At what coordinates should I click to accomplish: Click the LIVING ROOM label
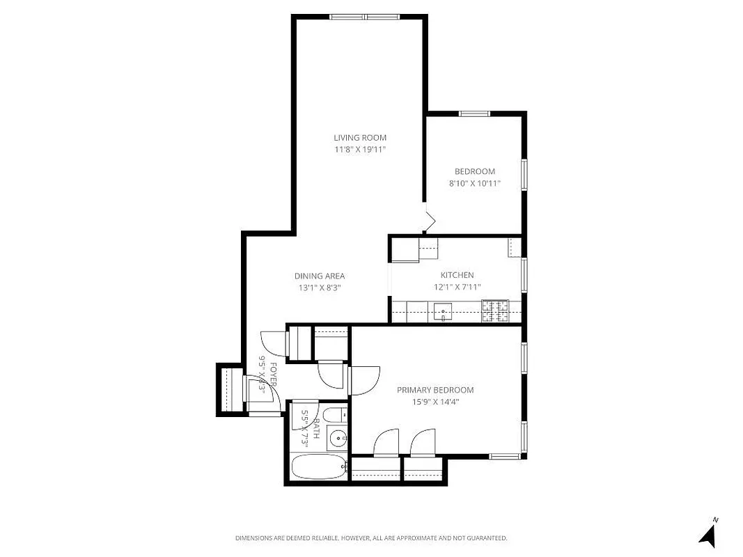(359, 138)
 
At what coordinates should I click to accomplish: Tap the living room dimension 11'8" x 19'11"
(359, 150)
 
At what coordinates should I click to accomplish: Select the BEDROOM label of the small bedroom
(474, 172)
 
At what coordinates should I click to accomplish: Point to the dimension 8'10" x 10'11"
(474, 184)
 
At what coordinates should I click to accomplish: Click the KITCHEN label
(457, 276)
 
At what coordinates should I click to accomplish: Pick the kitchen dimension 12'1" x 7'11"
(457, 287)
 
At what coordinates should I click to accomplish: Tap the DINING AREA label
(319, 276)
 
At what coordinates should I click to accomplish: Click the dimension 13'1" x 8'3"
(319, 288)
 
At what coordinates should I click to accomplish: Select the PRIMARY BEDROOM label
(435, 391)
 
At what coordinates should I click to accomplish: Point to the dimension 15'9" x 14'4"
(435, 402)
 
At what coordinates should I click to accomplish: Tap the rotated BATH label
(315, 428)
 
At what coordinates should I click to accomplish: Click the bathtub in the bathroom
(318, 467)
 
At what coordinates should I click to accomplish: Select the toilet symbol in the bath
(334, 416)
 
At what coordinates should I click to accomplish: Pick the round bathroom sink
(337, 439)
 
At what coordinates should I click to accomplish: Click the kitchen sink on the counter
(442, 311)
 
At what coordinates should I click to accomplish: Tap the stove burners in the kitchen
(495, 311)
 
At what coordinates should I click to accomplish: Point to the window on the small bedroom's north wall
(474, 113)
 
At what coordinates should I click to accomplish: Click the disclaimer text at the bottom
(371, 538)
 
